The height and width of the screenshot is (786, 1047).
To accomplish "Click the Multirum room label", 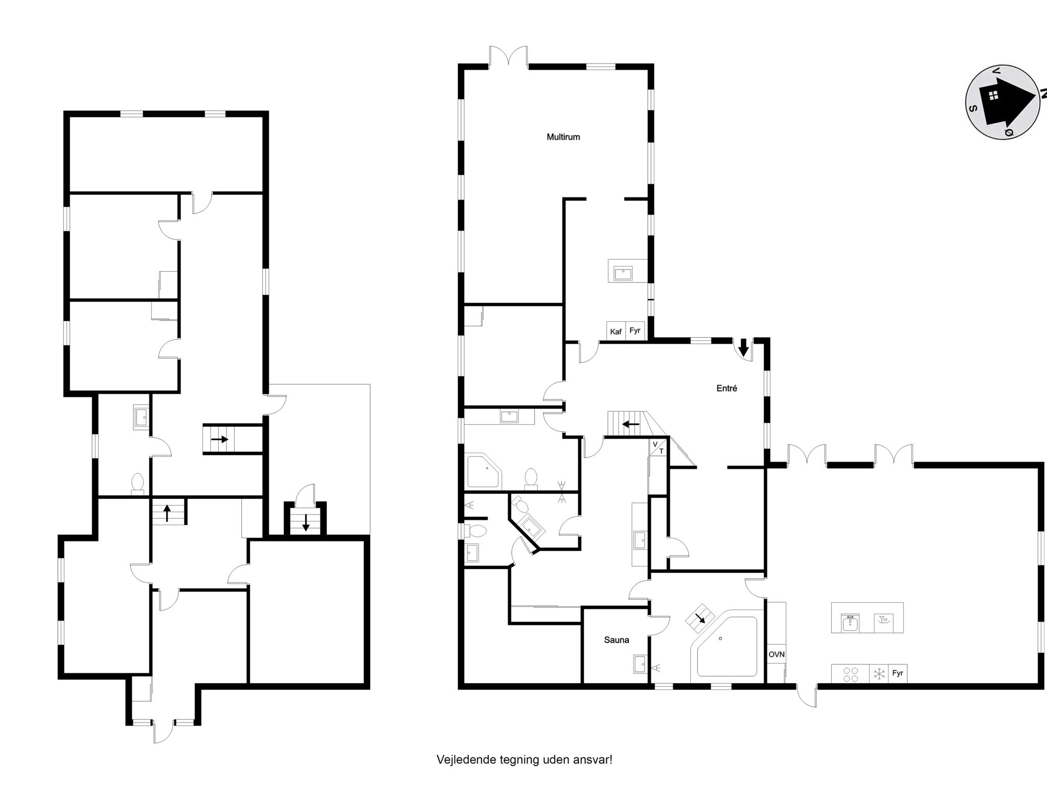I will [563, 137].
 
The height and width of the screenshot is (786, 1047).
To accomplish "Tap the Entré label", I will [726, 388].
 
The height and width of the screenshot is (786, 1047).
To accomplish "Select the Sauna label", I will [616, 640].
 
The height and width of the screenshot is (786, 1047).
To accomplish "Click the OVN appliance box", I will [776, 654].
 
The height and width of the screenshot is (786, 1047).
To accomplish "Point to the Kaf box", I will [616, 332].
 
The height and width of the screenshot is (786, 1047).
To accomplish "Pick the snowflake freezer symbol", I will [879, 673].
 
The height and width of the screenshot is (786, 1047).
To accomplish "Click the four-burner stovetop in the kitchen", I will [850, 673].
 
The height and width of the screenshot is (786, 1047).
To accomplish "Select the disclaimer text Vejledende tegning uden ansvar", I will [524, 759].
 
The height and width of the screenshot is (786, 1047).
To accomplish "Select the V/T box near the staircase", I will [658, 447].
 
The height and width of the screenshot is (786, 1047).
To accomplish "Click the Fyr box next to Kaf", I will [635, 331].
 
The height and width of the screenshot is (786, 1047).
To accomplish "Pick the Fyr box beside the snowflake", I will [897, 673].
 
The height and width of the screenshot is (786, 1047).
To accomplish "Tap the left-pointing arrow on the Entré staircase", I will [630, 424].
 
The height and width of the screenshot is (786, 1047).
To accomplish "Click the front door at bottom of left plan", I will [164, 732].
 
